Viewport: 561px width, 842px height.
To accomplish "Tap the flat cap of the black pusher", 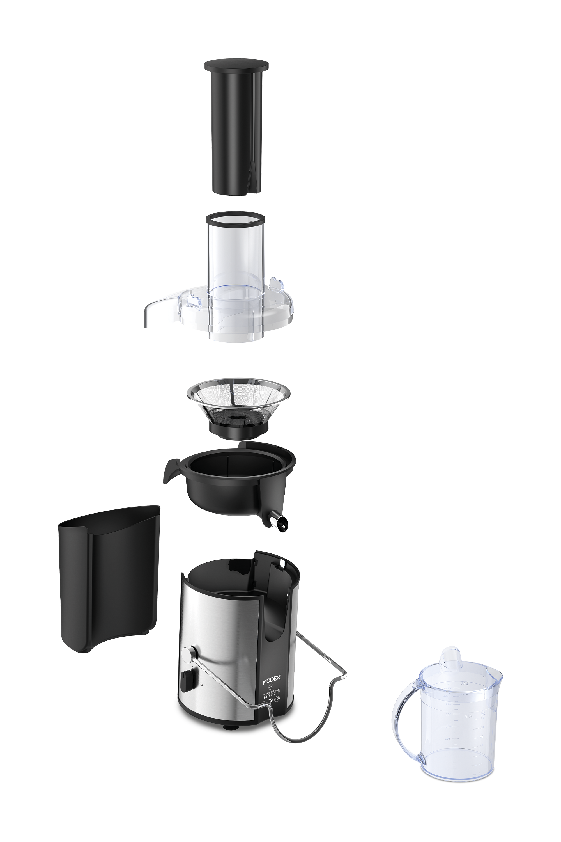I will click(x=236, y=65).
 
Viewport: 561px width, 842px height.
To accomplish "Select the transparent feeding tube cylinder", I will click(x=236, y=258).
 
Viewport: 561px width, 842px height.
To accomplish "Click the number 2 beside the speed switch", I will click(x=202, y=685).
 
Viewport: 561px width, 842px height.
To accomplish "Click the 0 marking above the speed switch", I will click(x=192, y=667).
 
